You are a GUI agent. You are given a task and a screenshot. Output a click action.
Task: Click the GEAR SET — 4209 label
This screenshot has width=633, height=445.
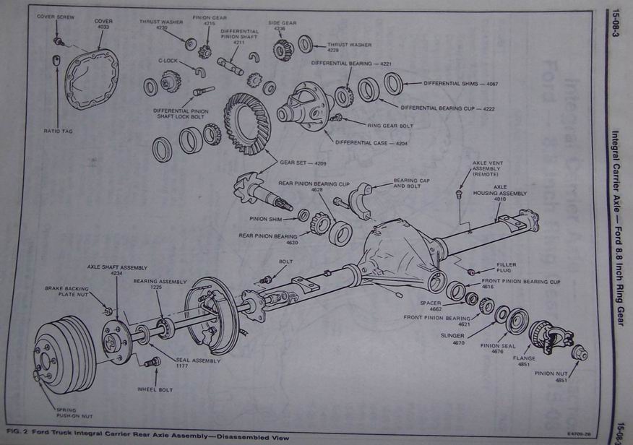[302, 163]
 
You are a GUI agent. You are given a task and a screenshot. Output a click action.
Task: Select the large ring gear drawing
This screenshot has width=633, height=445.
[246, 123]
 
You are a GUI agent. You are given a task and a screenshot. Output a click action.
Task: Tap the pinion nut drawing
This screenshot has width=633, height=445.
[579, 353]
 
